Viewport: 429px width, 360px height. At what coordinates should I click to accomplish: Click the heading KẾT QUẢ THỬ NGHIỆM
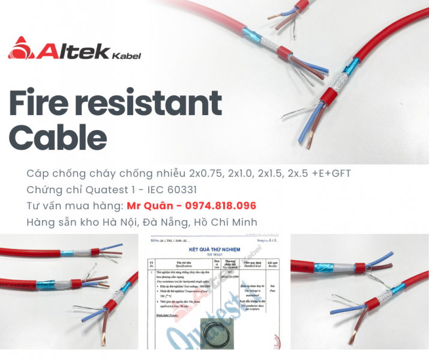coord(215,248)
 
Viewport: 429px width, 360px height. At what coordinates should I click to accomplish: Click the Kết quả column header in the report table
coord(272,262)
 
